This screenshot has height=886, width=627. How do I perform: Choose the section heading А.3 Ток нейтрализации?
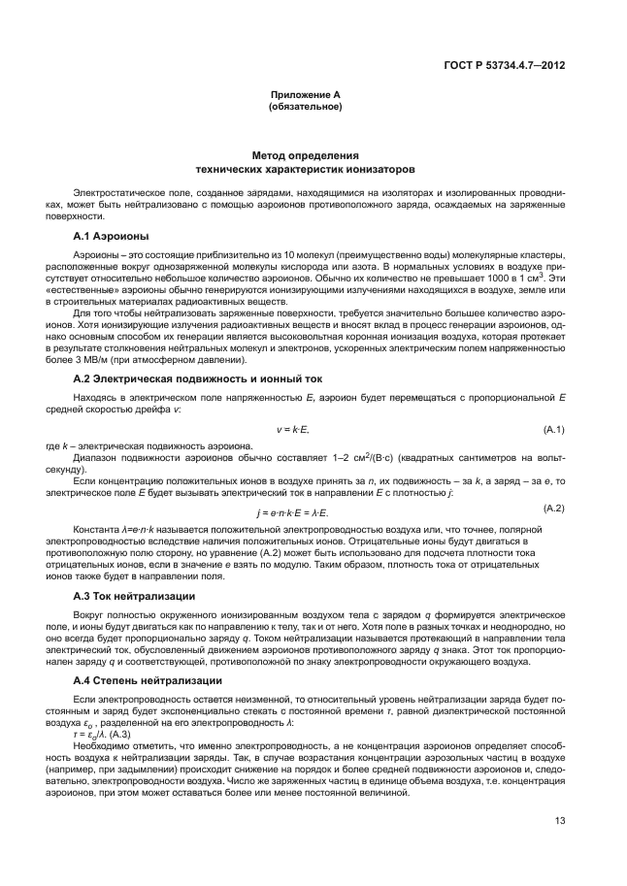[x=135, y=594]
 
